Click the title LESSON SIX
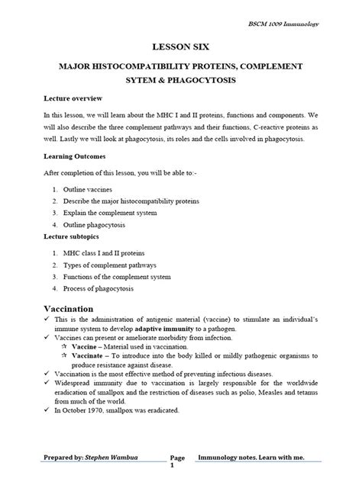(180, 47)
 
